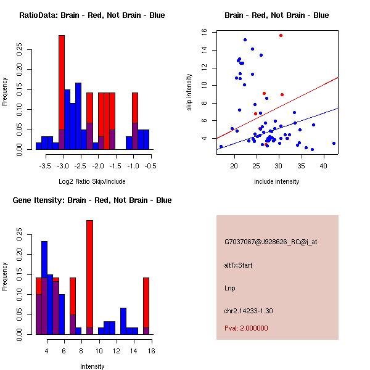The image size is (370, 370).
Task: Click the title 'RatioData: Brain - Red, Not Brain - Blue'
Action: [92, 15]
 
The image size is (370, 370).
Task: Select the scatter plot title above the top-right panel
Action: [276, 15]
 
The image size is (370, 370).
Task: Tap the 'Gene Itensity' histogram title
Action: [92, 200]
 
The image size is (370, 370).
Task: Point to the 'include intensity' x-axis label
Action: [277, 181]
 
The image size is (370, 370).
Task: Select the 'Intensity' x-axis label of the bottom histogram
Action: [92, 366]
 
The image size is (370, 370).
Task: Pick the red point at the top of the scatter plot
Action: [281, 36]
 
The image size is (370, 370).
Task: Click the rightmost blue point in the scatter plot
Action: [334, 143]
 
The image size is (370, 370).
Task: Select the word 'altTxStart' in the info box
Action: [239, 265]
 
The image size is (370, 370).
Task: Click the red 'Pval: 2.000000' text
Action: [246, 328]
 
